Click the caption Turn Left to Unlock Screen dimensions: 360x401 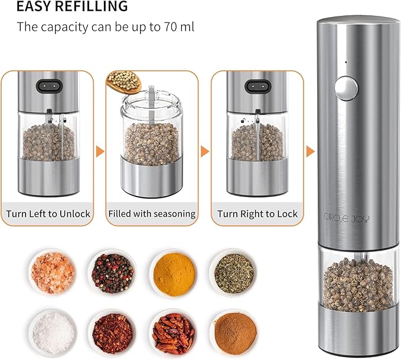[48, 213]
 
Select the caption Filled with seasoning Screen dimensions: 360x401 [152, 214]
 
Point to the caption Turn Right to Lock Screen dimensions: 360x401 [257, 214]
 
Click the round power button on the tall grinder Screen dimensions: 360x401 [345, 89]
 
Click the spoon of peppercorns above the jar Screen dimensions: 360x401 [125, 80]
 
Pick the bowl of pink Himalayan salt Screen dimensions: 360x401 [54, 269]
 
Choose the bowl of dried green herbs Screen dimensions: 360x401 [233, 269]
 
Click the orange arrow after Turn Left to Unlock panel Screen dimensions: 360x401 [100, 152]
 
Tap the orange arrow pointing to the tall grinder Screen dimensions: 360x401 [310, 152]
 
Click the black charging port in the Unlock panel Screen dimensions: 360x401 [48, 85]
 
